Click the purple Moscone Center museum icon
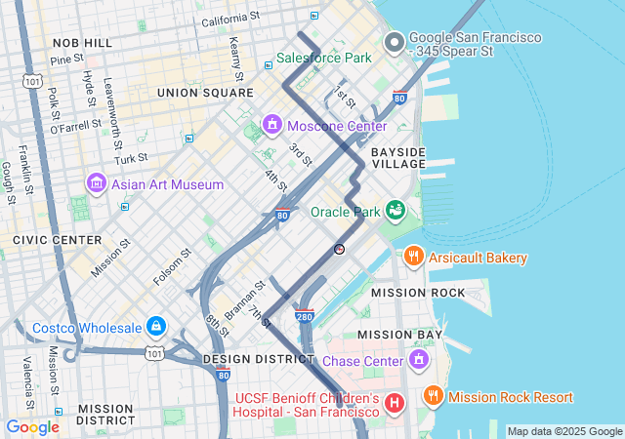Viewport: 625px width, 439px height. [x=271, y=126]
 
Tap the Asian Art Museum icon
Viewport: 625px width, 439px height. [x=96, y=183]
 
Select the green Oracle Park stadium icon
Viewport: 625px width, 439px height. [x=396, y=211]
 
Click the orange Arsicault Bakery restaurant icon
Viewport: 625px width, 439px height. [x=413, y=258]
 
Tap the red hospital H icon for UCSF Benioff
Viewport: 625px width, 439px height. [x=395, y=403]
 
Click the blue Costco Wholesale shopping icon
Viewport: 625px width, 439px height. [x=155, y=326]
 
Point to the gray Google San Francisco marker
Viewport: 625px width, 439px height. [x=395, y=42]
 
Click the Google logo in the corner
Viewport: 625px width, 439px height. [x=32, y=427]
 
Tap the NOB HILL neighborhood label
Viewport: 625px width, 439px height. [x=82, y=43]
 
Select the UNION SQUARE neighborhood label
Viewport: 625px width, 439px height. [x=205, y=93]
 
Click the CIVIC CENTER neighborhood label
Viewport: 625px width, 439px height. [x=57, y=239]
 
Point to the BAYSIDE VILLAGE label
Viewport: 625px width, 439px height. [x=397, y=158]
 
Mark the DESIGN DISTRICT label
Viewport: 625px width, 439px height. [x=247, y=359]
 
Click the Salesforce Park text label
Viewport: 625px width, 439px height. [x=323, y=58]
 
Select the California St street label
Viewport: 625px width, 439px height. [x=230, y=18]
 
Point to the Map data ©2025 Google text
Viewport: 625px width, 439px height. [x=564, y=431]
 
